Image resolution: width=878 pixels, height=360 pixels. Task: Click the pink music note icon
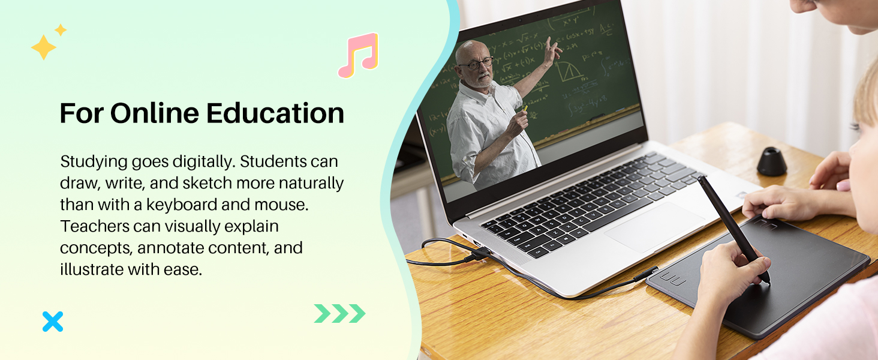pos(358,56)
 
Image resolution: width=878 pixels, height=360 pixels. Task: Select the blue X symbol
pos(53,322)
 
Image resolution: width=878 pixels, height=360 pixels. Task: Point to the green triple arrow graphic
pos(339,313)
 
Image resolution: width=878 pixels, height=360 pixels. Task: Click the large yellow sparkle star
pos(43,47)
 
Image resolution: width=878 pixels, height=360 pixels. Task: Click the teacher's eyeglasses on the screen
pos(477,63)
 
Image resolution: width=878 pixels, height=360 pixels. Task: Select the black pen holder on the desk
pos(772,161)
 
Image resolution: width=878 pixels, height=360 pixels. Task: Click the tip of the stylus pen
pos(768,280)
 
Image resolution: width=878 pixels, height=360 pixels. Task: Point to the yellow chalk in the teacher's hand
pos(525,108)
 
